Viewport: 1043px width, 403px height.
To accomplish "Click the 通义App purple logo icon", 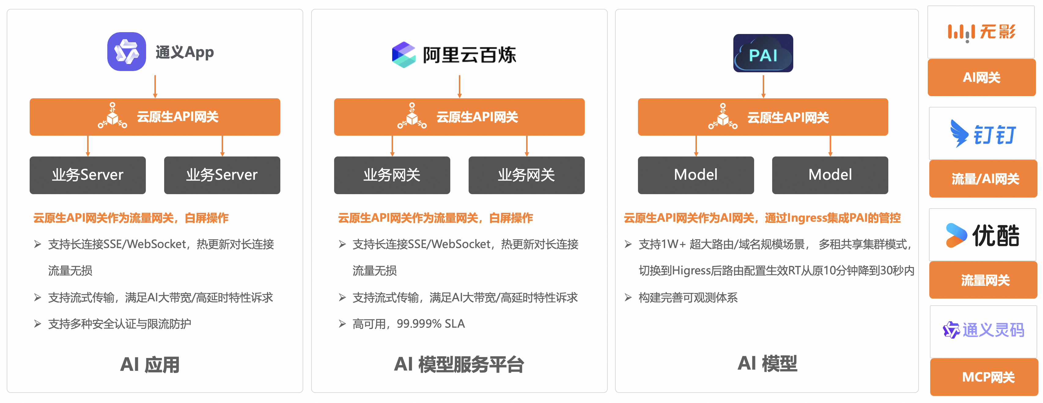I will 126,52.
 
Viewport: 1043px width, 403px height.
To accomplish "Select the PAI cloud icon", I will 763,53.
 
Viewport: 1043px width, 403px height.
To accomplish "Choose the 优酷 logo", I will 983,235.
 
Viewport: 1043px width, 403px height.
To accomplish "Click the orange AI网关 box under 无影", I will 982,77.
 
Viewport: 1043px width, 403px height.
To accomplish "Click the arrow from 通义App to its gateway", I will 155,86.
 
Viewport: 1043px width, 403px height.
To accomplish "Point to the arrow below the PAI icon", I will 763,86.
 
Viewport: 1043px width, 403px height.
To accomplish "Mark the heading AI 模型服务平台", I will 459,364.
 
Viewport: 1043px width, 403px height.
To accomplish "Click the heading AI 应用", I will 150,364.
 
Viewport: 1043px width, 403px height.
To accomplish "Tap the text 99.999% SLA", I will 430,324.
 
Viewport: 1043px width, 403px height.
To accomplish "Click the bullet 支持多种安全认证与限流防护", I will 120,324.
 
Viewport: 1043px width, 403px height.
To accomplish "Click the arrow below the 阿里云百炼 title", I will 459,86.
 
